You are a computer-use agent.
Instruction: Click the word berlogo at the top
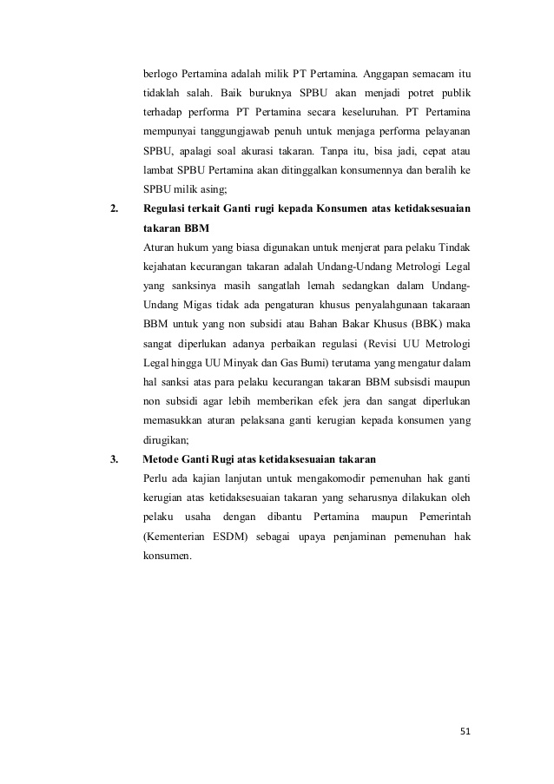[162, 70]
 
